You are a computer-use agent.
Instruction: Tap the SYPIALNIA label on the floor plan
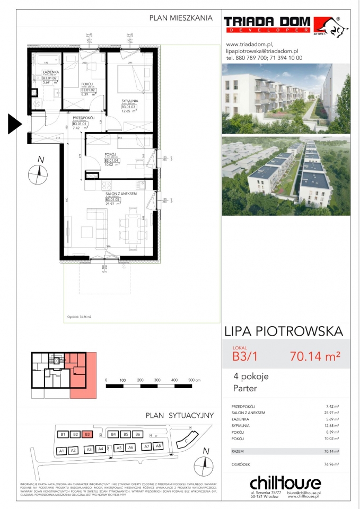coord(129,100)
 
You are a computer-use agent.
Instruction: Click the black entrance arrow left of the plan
coord(14,124)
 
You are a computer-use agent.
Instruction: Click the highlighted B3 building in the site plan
coord(88,435)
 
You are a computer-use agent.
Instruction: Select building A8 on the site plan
coord(157,446)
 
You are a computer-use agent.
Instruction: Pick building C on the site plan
coord(186,440)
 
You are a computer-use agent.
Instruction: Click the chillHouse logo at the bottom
coord(285,484)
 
